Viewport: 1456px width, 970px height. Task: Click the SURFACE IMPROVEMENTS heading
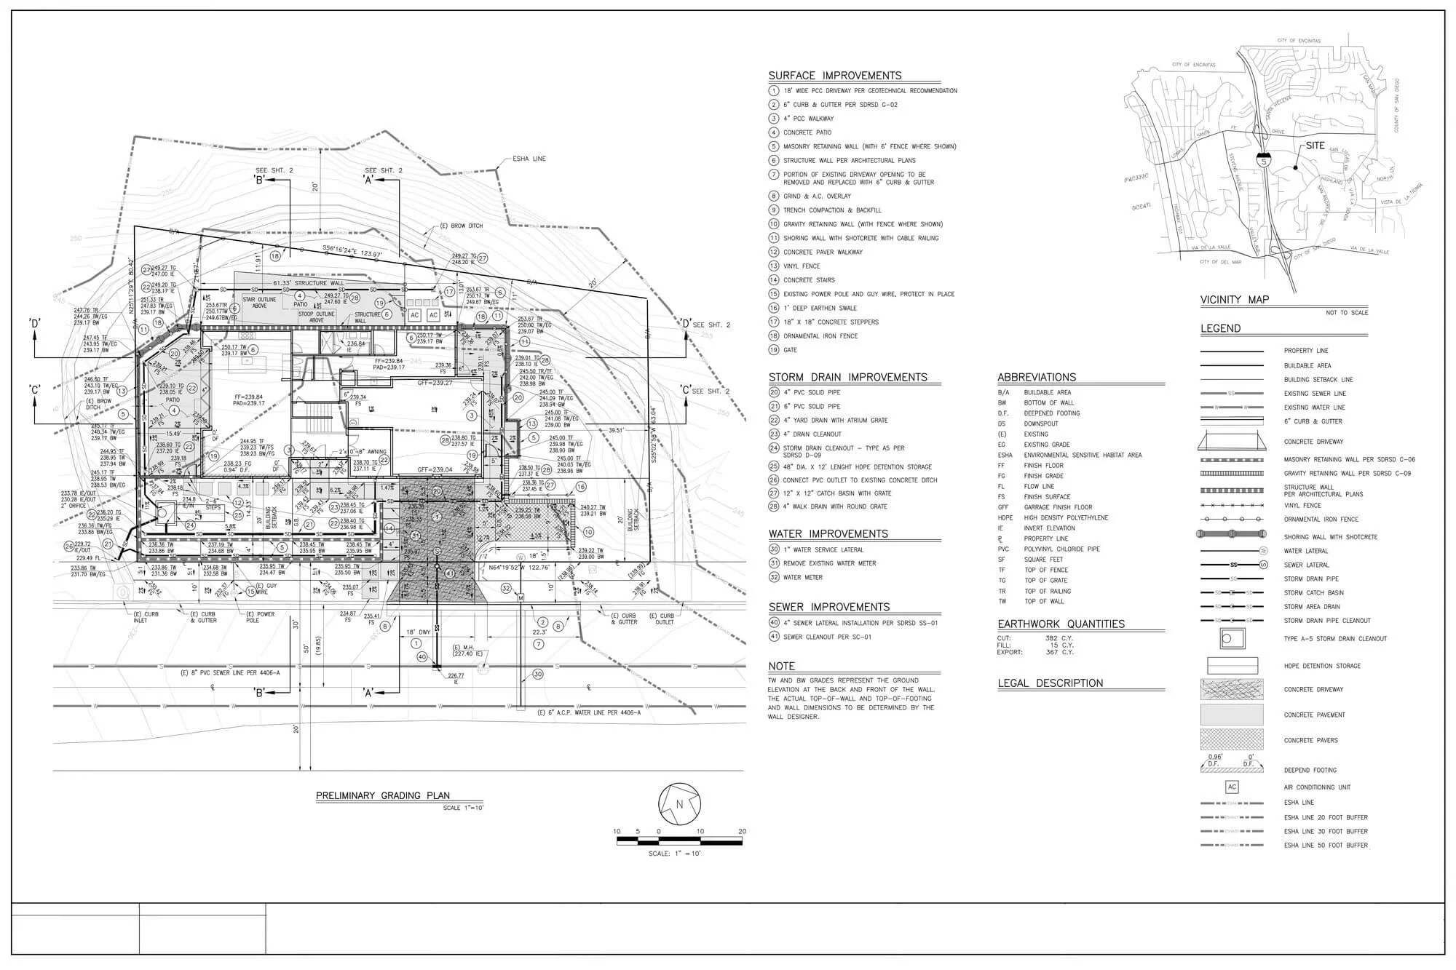pos(834,76)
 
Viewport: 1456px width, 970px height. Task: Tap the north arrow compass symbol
pos(678,803)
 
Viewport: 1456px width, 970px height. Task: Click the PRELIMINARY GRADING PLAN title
pos(382,795)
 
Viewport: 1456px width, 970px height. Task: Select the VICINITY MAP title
pos(1234,300)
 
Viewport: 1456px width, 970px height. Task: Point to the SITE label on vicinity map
pos(1315,146)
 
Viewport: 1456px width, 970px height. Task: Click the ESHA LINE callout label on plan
pos(529,159)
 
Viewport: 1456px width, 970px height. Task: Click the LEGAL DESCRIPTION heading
pos(1050,683)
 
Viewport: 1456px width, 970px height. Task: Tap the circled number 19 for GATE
pos(773,350)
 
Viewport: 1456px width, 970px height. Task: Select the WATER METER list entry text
pos(802,578)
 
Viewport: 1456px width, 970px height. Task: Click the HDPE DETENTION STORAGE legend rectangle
pos(1233,666)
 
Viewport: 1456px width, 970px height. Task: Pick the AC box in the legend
pos(1232,787)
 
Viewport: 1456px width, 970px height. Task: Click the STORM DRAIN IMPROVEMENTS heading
pos(847,377)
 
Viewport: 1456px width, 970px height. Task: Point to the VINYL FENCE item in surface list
pos(801,266)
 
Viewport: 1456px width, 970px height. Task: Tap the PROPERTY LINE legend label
pos(1306,351)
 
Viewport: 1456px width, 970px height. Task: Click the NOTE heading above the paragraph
pos(781,666)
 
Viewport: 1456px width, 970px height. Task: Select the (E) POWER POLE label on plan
pos(261,617)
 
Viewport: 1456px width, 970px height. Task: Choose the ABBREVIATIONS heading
pos(1036,377)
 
